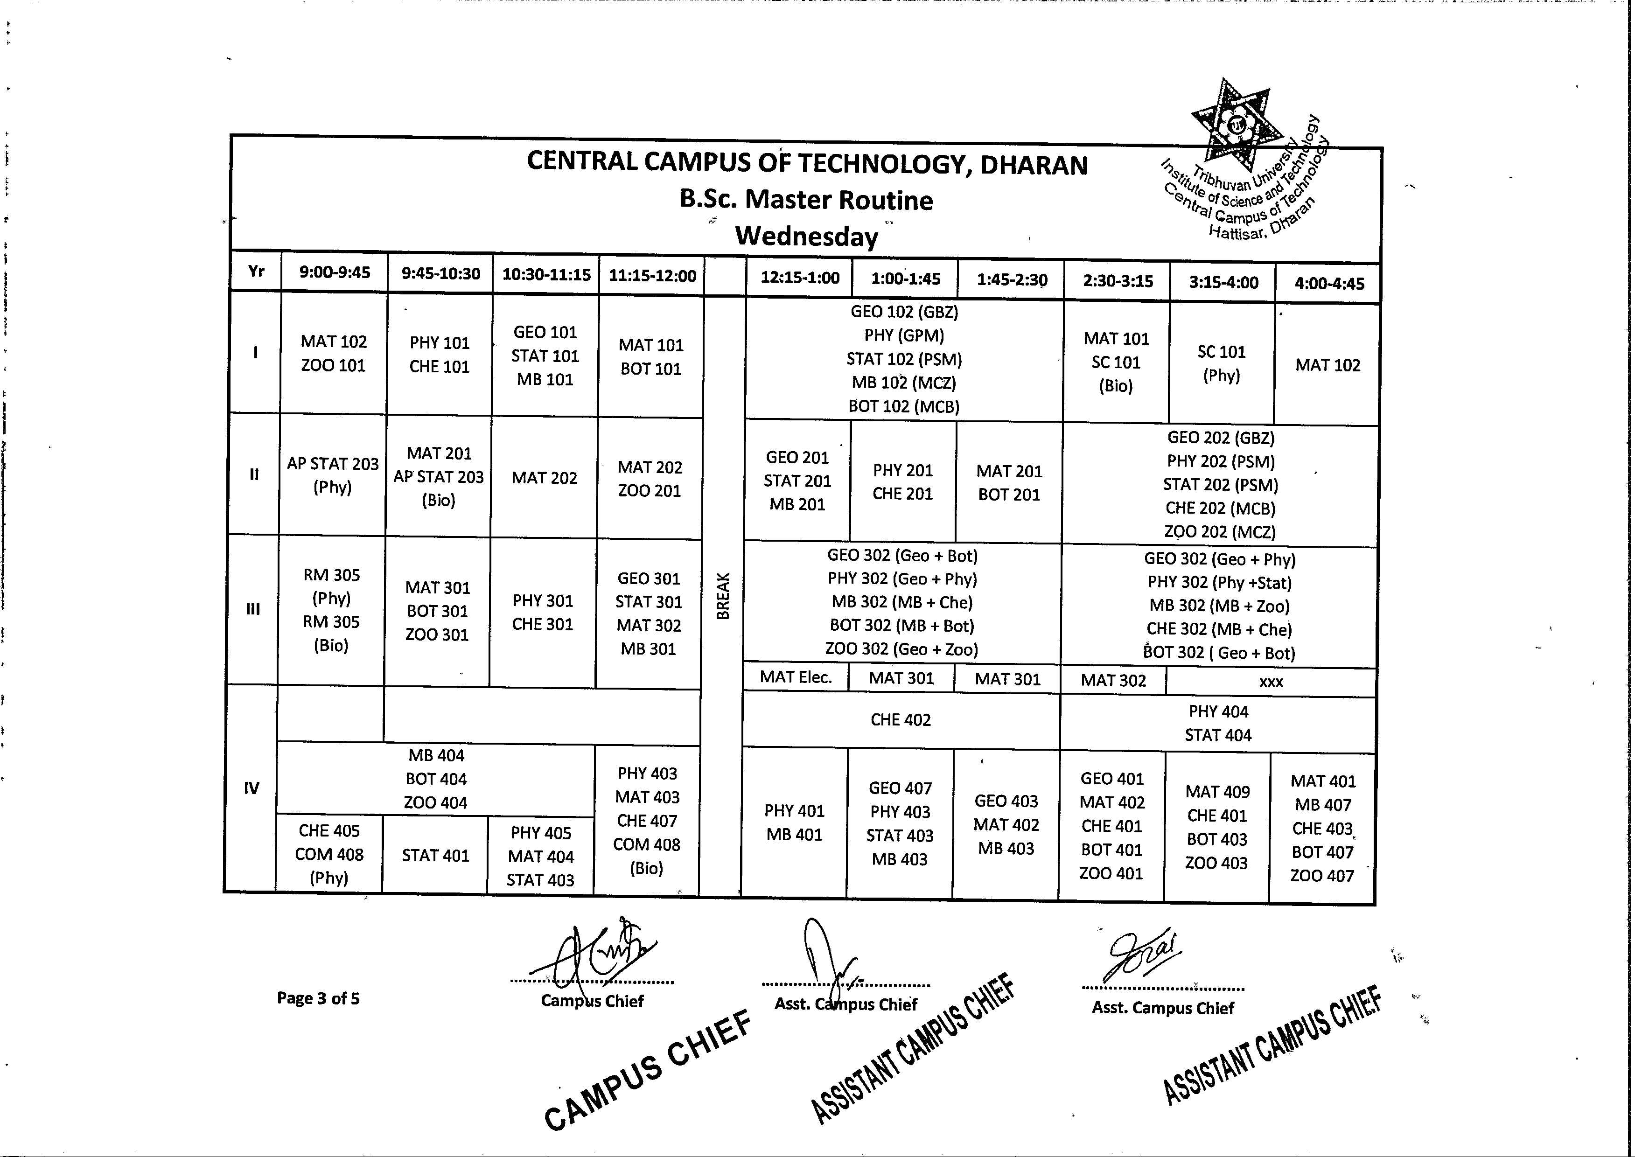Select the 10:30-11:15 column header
pyautogui.click(x=546, y=275)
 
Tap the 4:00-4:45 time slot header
pyautogui.click(x=1328, y=284)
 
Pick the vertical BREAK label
pyautogui.click(x=722, y=596)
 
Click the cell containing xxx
pyautogui.click(x=1271, y=682)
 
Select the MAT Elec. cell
pyautogui.click(x=796, y=677)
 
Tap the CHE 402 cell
pyautogui.click(x=901, y=719)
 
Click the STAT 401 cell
pyautogui.click(x=435, y=855)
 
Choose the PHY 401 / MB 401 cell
pyautogui.click(x=794, y=822)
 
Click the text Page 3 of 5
pyautogui.click(x=318, y=998)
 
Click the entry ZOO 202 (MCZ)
pyautogui.click(x=1220, y=531)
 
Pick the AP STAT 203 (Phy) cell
pyautogui.click(x=333, y=475)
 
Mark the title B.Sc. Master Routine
pyautogui.click(x=806, y=200)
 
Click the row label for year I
pyautogui.click(x=255, y=352)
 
